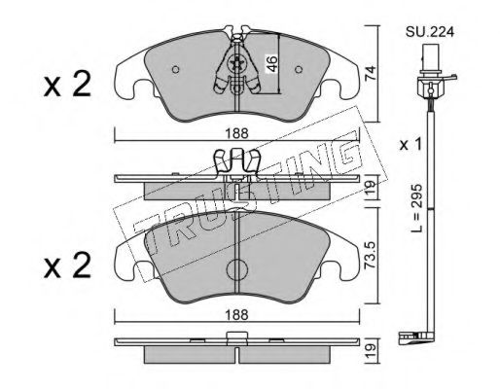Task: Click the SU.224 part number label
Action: (x=430, y=32)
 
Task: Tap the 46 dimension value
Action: (x=271, y=64)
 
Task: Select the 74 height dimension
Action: (x=370, y=73)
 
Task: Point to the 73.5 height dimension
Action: (x=370, y=255)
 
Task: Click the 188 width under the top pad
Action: (x=237, y=133)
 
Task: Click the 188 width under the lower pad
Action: (x=237, y=314)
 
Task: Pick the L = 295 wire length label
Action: (x=416, y=208)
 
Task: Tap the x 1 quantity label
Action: (x=411, y=145)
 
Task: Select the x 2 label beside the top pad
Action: (x=67, y=85)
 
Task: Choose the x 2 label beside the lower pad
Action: (x=67, y=265)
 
